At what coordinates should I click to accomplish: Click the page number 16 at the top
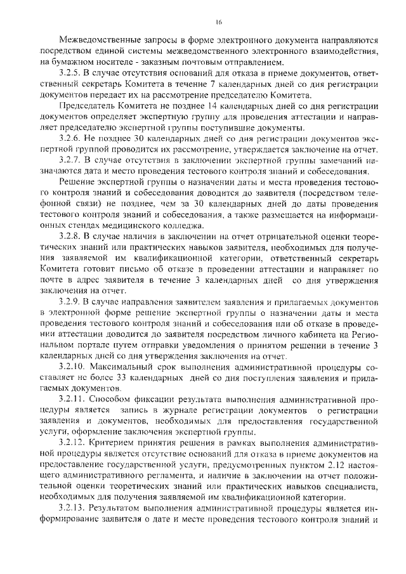point(218,22)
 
